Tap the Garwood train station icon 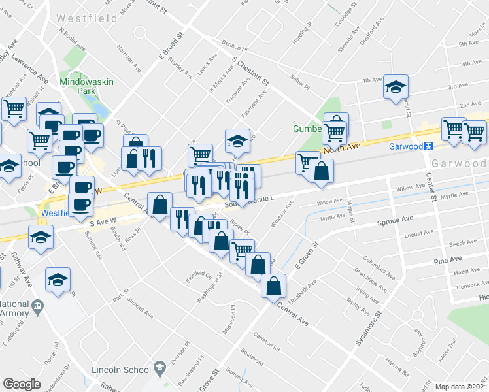(x=430, y=146)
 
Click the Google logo (x=22, y=384)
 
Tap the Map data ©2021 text (x=460, y=387)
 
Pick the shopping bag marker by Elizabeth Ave (x=273, y=285)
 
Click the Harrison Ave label (x=128, y=57)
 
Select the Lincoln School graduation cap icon (x=158, y=370)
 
